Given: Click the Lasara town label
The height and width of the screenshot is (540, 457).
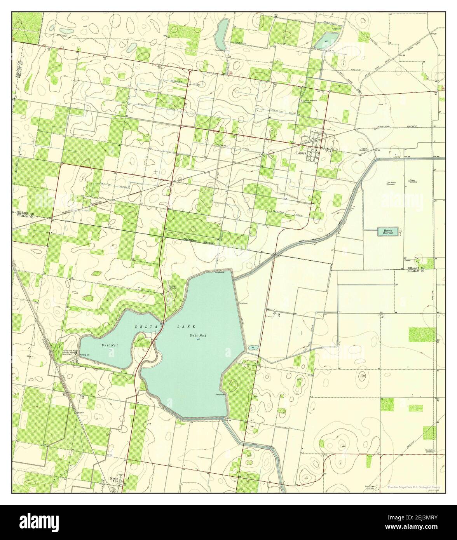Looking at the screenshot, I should click(x=302, y=153).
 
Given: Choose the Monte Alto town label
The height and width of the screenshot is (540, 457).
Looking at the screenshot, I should click(x=113, y=480).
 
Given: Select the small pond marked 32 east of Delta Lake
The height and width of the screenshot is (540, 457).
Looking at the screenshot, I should click(x=253, y=347).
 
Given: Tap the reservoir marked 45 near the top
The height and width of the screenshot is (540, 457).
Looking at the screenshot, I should click(x=326, y=40).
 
